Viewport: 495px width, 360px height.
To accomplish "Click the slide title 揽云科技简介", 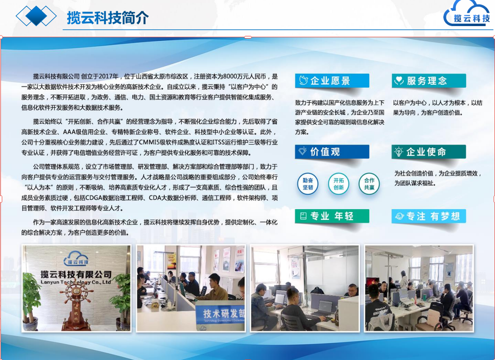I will pos(108,18).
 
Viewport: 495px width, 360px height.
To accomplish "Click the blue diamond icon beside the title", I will pos(36,16).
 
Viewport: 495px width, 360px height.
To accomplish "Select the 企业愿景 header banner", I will pos(332,81).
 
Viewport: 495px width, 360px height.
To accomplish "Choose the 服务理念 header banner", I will pos(428,81).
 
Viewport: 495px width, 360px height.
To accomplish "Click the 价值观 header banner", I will pos(332,152).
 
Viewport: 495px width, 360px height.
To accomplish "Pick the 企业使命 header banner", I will pos(428,152).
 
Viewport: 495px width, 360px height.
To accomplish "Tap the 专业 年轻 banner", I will pos(332,216).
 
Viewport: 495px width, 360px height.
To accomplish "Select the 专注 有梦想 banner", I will pos(428,216).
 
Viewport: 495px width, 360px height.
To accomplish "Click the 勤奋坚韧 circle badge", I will pos(308,184).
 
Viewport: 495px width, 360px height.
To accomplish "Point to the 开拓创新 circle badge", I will pos(338,184).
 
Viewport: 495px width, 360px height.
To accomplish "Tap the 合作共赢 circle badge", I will pos(369,184).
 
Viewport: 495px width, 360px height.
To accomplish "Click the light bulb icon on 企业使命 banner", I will pos(399,152).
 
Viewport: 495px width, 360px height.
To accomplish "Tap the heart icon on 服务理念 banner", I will pos(399,81).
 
